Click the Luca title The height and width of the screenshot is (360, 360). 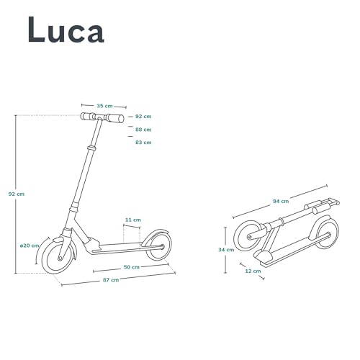[66, 30]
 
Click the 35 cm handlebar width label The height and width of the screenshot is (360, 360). [104, 105]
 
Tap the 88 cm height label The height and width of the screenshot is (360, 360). [143, 130]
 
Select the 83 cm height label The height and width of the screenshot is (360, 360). [143, 143]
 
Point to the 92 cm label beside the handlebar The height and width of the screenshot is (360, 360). [143, 116]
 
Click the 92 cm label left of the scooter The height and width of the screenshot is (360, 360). [16, 194]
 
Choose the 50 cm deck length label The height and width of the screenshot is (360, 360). [131, 267]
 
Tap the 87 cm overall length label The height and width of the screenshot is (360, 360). [109, 279]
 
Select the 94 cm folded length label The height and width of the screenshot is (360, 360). [281, 201]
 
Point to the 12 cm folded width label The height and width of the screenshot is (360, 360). [252, 271]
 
